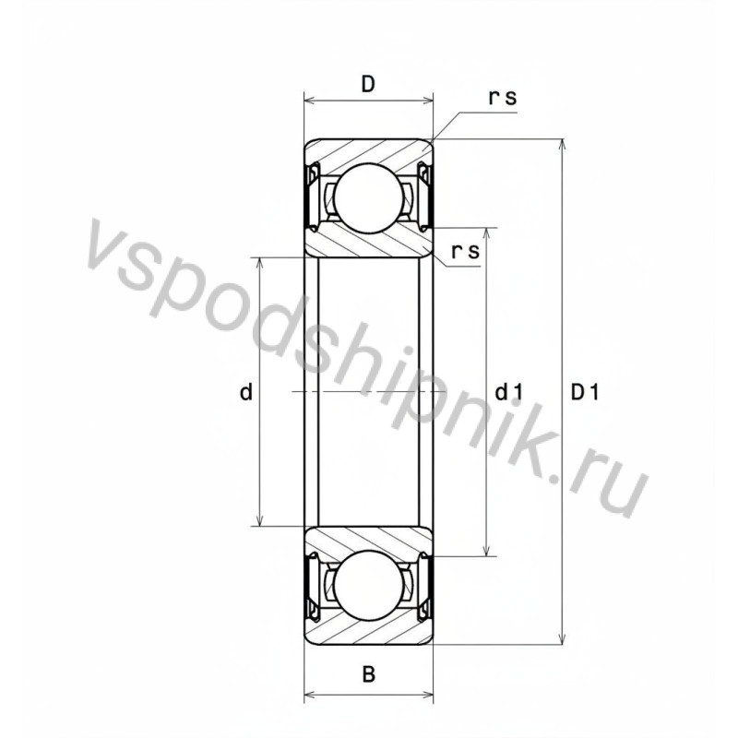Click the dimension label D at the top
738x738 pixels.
coord(367,85)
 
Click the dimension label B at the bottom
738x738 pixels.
coord(368,674)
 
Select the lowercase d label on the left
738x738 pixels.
coord(245,393)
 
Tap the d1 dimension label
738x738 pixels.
coord(509,393)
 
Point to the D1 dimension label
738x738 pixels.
coord(585,393)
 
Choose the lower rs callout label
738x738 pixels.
coord(466,251)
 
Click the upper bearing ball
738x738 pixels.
coord(368,196)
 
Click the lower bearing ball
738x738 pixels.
coord(368,587)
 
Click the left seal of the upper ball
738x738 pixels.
coord(312,196)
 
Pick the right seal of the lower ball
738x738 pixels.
coord(424,587)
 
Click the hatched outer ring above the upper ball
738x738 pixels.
coord(368,151)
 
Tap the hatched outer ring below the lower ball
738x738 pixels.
coord(368,632)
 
